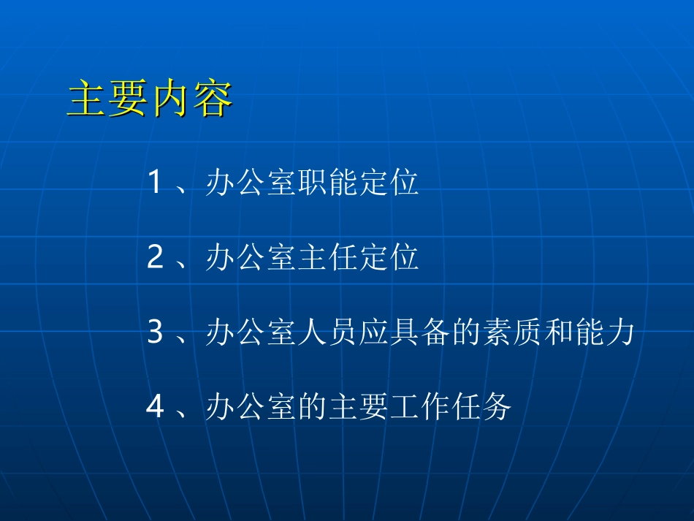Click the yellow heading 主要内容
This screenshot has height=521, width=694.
150,100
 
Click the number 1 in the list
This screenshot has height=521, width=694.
154,182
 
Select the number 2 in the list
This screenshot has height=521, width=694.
154,258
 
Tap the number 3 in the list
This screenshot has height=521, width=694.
154,332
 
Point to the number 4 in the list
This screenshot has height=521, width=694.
155,407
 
